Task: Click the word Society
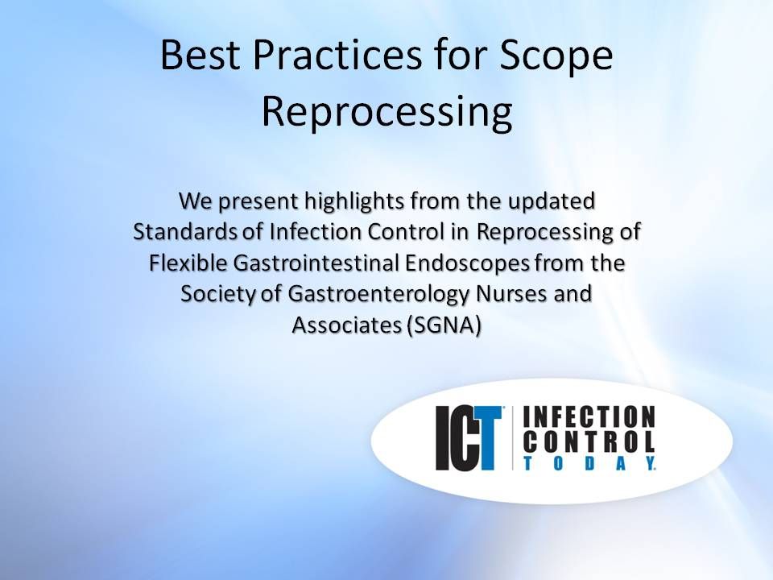click(212, 295)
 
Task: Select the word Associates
click(341, 327)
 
